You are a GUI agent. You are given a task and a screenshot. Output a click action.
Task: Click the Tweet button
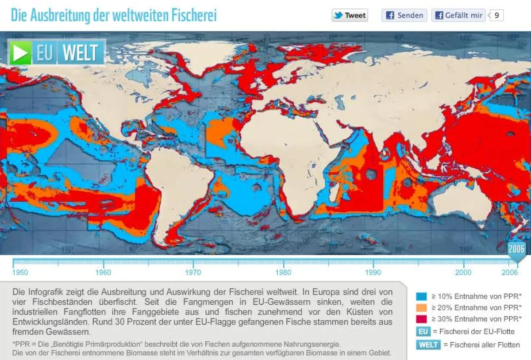click(x=350, y=15)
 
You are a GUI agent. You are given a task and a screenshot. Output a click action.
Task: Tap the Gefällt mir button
click(x=458, y=15)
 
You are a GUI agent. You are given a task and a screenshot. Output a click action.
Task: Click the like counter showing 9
click(x=496, y=15)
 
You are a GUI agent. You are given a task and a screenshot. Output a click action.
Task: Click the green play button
click(x=20, y=53)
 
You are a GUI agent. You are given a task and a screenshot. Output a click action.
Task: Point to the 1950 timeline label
click(x=20, y=272)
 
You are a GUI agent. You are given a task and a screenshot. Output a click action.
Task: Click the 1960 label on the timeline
click(x=103, y=272)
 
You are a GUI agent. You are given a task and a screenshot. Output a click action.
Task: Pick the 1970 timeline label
click(x=193, y=272)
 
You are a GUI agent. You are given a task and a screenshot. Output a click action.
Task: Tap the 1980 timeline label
click(x=283, y=272)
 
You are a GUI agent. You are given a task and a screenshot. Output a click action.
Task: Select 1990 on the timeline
click(x=373, y=272)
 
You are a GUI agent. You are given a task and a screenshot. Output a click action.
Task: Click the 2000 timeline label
click(x=463, y=272)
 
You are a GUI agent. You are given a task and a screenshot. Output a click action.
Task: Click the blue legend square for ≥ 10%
click(x=421, y=296)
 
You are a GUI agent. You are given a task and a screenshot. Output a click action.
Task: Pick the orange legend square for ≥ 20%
click(x=421, y=307)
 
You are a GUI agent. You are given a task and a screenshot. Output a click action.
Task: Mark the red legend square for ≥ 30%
click(x=421, y=319)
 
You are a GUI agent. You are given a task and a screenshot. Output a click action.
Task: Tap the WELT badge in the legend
click(x=428, y=345)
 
